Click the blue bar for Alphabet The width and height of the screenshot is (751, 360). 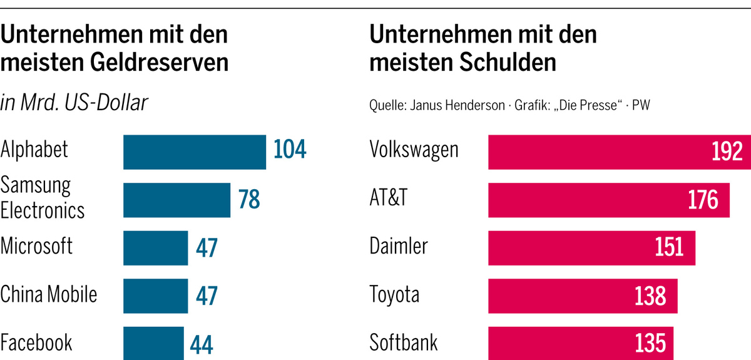coord(194,152)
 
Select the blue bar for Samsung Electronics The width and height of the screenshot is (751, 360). coord(176,200)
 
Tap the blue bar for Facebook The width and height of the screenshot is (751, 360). coord(153,343)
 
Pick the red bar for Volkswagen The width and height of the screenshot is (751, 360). coord(595,152)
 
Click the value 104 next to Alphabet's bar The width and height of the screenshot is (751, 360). coord(290,151)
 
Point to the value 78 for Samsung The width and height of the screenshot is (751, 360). coord(248,200)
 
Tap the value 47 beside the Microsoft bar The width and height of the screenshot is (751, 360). coord(206,248)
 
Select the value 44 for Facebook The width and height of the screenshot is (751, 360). coord(202,344)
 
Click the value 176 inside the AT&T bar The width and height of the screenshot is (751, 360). coord(703,200)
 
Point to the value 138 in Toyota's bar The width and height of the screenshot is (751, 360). coord(650,296)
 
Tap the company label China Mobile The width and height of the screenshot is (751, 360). coord(49,294)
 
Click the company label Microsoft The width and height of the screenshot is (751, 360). coord(37,246)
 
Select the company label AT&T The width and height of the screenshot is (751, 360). coord(389,198)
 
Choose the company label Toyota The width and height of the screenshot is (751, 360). coord(394,294)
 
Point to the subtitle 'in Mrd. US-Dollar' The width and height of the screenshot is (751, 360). coord(74,103)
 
